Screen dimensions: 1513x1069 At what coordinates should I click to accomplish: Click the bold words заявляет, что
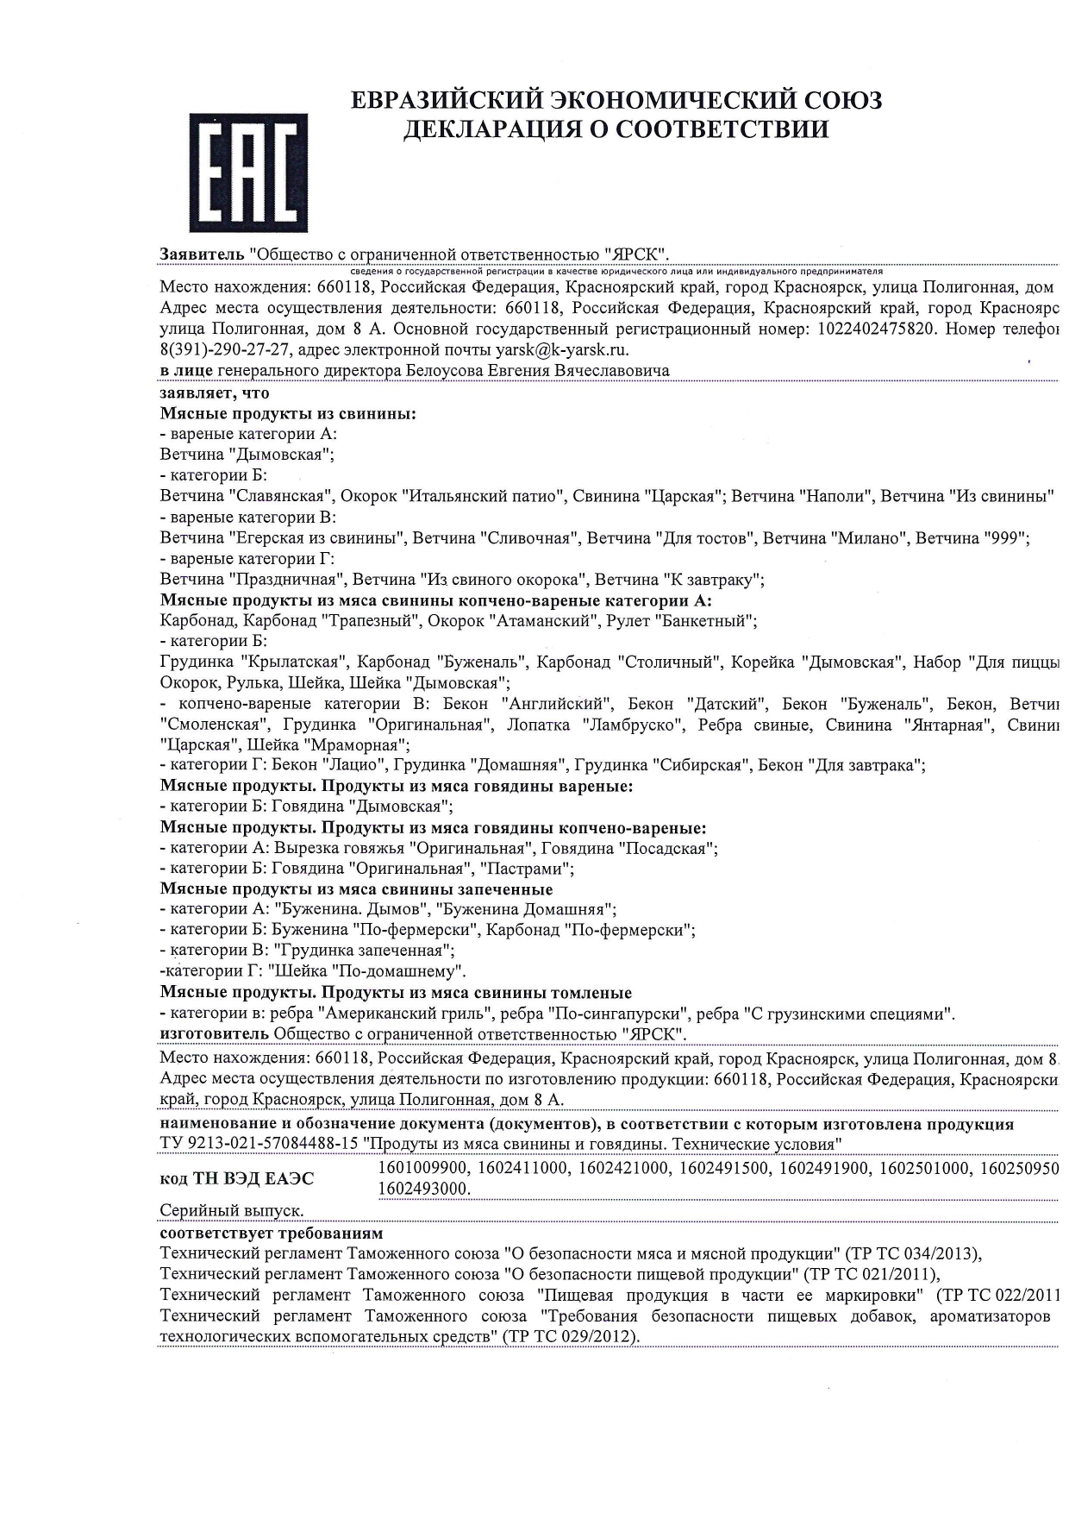215,392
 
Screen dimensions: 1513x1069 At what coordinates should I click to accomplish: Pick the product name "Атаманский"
545,620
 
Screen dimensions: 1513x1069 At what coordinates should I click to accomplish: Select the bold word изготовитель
215,1034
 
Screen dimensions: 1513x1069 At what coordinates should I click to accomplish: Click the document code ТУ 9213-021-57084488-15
259,1145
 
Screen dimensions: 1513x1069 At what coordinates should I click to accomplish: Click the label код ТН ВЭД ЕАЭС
237,1178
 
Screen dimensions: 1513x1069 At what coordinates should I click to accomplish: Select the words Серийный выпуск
232,1211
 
